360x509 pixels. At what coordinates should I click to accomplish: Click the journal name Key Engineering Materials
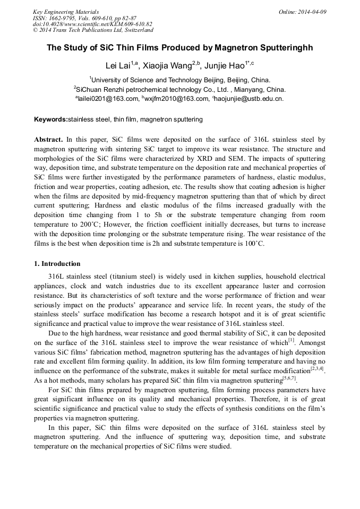(66, 12)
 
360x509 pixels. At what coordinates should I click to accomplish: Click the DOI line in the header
(92, 24)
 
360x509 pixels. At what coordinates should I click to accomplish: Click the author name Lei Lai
(118, 66)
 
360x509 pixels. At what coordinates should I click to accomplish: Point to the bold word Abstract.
(48, 140)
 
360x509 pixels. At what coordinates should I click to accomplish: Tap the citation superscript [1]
(291, 338)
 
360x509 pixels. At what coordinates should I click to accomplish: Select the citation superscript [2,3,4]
(316, 368)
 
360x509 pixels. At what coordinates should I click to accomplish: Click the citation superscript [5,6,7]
(289, 378)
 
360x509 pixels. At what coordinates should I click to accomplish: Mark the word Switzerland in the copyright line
(136, 30)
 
